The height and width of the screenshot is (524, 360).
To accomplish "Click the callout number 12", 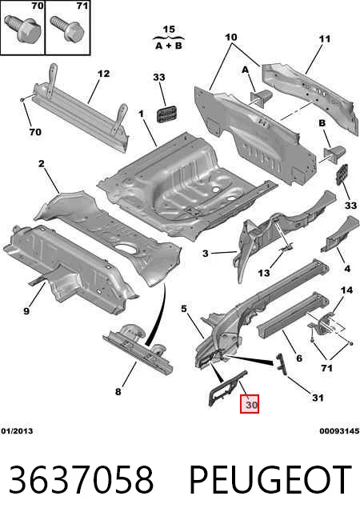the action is click(103, 74).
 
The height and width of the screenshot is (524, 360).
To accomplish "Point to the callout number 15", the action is click(169, 30).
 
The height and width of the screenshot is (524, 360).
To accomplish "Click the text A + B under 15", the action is click(169, 46).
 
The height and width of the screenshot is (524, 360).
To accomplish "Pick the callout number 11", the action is click(324, 39).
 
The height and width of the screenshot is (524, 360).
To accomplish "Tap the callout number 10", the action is click(231, 37).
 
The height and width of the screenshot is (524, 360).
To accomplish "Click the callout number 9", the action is click(26, 311).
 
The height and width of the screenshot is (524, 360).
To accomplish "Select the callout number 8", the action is click(118, 391).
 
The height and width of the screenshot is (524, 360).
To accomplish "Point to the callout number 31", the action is click(318, 398).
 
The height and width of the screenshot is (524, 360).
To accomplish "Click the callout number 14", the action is click(346, 290).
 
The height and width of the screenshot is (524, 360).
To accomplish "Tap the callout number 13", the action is click(264, 273).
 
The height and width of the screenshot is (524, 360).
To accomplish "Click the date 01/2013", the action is click(17, 430).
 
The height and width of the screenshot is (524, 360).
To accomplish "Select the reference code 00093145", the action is click(339, 430).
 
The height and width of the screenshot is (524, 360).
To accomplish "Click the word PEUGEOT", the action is click(270, 480).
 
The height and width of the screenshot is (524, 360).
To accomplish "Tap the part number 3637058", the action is click(82, 480).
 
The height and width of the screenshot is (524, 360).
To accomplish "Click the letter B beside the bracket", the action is click(322, 123).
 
